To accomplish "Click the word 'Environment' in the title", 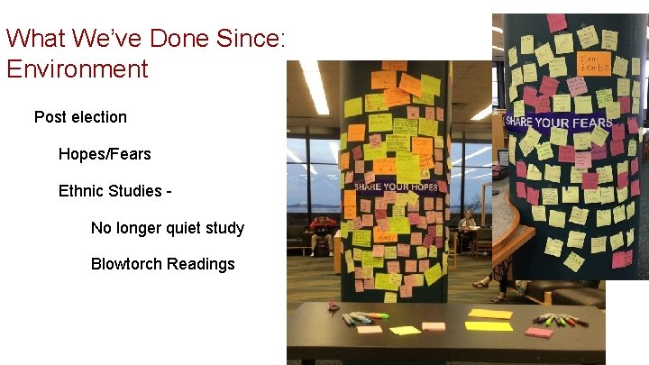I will (x=77, y=68).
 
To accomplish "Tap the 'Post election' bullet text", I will (x=80, y=117).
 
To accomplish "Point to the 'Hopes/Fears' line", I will (x=105, y=154).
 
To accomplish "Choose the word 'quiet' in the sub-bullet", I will (x=179, y=228).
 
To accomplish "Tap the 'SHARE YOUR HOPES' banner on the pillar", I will (x=396, y=187).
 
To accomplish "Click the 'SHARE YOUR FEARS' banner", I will (x=559, y=122).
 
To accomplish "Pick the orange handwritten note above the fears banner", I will (x=594, y=63).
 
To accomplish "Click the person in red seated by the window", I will (x=321, y=231).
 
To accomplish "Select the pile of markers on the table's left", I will (x=364, y=317).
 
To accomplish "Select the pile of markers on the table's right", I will (x=559, y=319).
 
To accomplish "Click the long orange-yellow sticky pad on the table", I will (x=489, y=325).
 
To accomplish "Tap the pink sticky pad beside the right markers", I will (x=539, y=333).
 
